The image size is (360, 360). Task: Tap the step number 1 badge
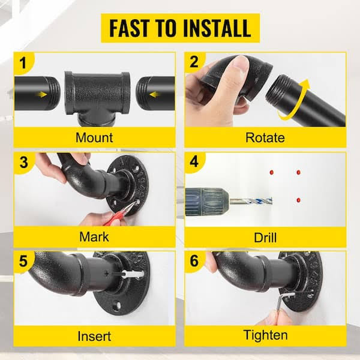tap(23, 62)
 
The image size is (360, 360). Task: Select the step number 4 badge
tap(194, 161)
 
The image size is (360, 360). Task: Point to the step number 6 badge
tap(194, 261)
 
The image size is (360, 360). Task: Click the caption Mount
tap(94, 137)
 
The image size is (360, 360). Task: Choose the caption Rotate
tap(265, 137)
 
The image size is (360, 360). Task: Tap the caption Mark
tap(94, 237)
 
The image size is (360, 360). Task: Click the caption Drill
tap(265, 237)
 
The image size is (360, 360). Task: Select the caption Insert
tap(94, 336)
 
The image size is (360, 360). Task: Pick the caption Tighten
tap(265, 335)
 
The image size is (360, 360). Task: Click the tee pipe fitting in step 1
tap(97, 98)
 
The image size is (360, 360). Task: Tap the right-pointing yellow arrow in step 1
tap(42, 94)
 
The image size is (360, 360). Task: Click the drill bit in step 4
tap(251, 202)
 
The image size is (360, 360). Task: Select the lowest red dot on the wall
tap(298, 200)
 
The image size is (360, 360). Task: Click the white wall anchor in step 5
tap(133, 274)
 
